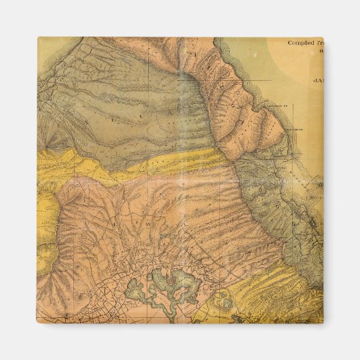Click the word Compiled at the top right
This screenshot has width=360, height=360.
(302, 42)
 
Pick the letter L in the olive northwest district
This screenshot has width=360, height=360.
(115, 117)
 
